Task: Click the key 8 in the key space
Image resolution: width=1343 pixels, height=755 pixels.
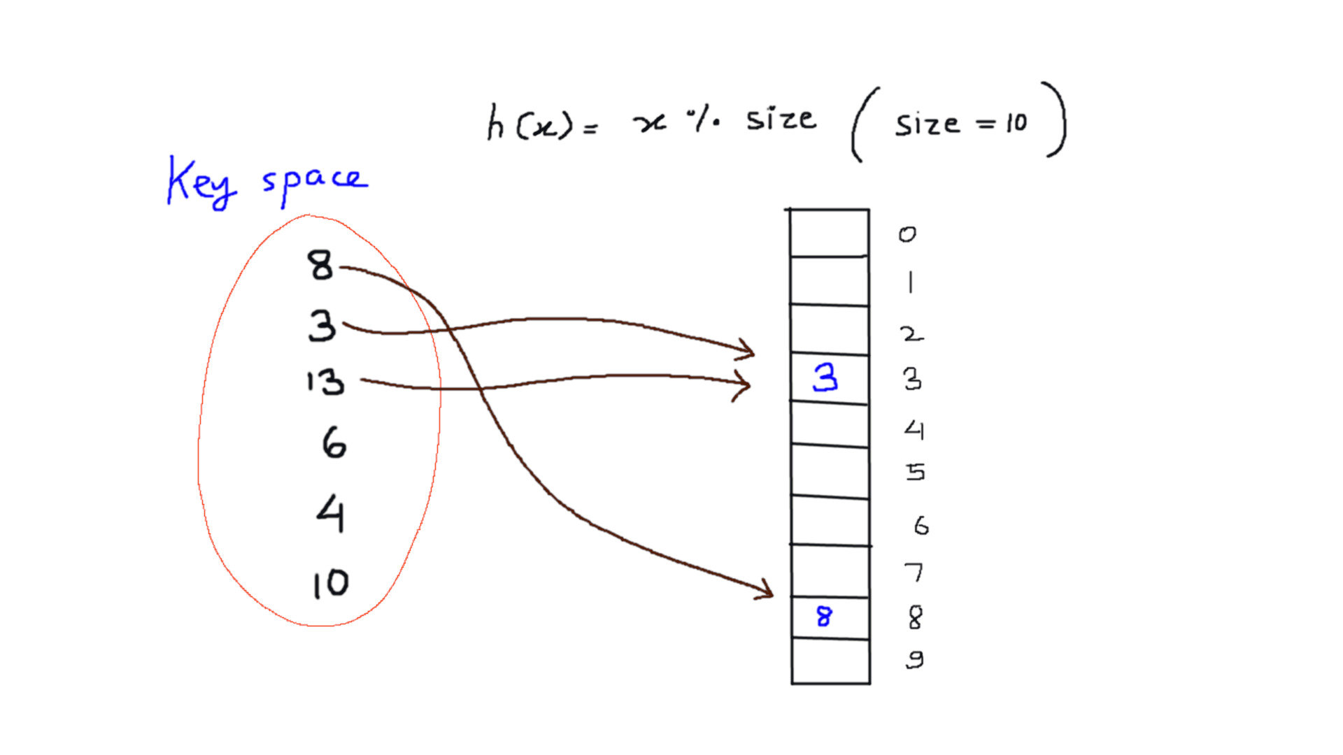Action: point(320,266)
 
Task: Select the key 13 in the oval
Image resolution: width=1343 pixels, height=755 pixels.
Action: point(326,382)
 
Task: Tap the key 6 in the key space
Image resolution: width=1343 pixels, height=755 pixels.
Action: point(334,443)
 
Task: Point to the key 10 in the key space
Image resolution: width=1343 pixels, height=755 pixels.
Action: point(330,584)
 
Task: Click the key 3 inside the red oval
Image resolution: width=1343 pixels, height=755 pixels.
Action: point(322,326)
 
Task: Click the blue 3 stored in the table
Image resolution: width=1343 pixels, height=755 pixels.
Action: point(825,378)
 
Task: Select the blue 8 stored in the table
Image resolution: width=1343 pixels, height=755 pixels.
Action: point(824,617)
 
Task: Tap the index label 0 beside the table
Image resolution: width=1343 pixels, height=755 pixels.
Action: point(907,234)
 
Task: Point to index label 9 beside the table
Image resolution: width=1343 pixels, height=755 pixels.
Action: point(915,659)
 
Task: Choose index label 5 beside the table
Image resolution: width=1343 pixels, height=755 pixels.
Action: point(916,473)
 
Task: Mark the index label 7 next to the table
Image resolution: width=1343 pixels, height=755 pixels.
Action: point(914,573)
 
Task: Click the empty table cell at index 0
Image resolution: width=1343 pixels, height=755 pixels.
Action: point(830,233)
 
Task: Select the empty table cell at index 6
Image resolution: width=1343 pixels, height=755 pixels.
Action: point(830,521)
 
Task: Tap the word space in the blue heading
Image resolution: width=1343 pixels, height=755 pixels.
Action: point(314,182)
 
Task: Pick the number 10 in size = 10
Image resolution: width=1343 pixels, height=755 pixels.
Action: point(1016,124)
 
